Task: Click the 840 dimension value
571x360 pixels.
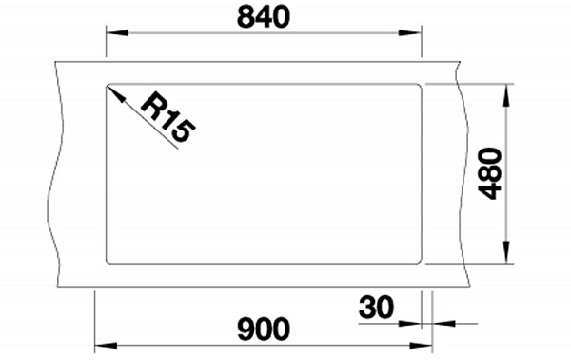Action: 264,17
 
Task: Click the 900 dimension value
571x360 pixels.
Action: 264,329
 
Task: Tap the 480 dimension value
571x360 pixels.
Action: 490,173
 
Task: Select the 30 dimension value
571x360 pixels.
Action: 376,308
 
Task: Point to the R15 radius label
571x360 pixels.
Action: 167,117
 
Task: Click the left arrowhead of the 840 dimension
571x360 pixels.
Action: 117,32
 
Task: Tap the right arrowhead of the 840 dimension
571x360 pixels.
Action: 410,32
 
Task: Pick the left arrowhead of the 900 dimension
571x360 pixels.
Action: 106,345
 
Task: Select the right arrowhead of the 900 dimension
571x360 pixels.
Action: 421,345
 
